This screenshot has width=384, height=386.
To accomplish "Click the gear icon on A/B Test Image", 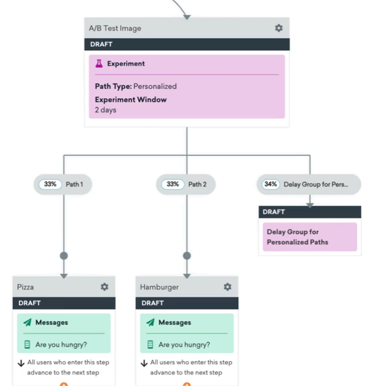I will pos(279,28).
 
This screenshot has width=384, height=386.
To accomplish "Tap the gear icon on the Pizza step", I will pos(104,287).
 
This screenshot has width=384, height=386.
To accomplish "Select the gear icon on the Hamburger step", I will pos(227,287).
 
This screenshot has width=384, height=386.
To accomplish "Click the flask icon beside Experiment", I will pos(100,64).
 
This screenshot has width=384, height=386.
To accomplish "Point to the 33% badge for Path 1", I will pos(50,184).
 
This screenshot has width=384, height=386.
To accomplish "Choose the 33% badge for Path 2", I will pos(173,184).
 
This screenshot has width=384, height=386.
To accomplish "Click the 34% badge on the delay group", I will pos(271,184).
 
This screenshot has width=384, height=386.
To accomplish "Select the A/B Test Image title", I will pos(115,28).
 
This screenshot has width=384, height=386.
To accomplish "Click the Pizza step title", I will pos(26,287).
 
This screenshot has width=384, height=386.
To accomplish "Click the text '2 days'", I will pos(105,110).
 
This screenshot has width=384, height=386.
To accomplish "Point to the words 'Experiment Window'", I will pos(130,100).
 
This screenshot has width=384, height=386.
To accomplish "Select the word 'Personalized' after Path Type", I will pos(155,87).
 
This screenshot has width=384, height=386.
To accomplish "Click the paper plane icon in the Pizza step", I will pos(27,323).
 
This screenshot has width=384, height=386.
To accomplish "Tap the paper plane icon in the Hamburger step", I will pos(150,323).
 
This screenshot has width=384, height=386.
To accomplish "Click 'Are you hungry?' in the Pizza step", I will pos(61,344).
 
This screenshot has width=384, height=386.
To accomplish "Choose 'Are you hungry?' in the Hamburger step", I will pos(184,344).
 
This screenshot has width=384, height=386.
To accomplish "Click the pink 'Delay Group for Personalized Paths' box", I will pos(310,237).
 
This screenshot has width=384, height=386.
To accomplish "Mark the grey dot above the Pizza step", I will pos(64,256).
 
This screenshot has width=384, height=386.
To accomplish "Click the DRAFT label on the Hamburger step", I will pos(153,303).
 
